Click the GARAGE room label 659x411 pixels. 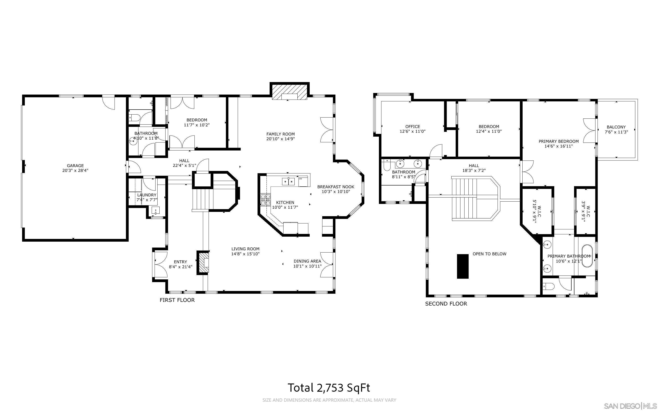click(x=75, y=165)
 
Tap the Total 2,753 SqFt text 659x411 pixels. click(x=329, y=388)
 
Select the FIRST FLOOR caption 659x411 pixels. click(x=177, y=300)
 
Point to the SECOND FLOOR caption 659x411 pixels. click(x=446, y=304)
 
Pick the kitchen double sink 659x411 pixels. click(x=288, y=181)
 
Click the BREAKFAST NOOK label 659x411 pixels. click(x=336, y=187)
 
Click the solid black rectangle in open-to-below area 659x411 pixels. click(x=462, y=266)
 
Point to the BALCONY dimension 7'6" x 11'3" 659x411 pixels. click(x=616, y=132)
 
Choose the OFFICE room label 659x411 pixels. click(x=412, y=126)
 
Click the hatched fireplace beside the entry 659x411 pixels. click(x=203, y=262)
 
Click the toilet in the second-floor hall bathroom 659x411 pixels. click(x=386, y=165)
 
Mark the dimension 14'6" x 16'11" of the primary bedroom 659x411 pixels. click(x=558, y=146)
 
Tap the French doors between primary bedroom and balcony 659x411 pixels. click(x=590, y=130)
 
